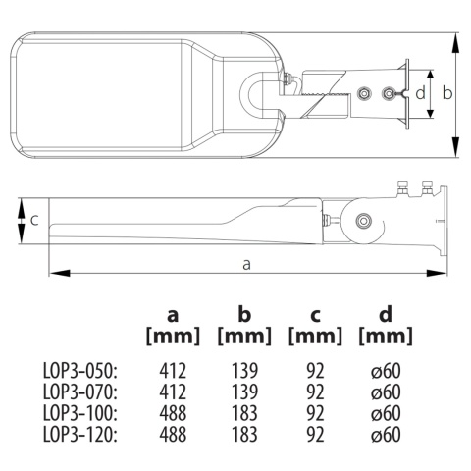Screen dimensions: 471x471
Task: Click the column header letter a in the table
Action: (173, 316)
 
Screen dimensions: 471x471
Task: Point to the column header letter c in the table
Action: (315, 316)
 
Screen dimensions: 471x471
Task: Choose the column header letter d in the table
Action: (385, 316)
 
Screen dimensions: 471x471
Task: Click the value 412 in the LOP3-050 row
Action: (173, 371)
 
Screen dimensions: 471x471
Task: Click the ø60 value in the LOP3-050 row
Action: (385, 371)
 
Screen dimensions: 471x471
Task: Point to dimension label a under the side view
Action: (245, 263)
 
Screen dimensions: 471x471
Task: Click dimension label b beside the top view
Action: (446, 92)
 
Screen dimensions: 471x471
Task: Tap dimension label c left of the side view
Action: (34, 220)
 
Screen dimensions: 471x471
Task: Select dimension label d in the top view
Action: (419, 93)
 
